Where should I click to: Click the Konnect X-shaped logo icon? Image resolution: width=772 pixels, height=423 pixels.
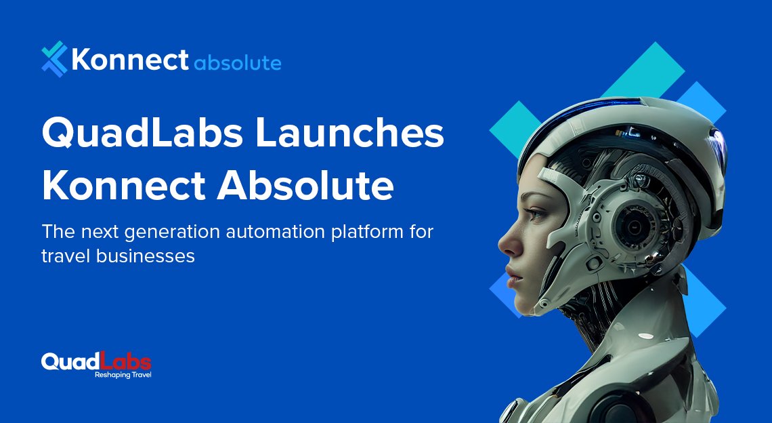[x=54, y=59]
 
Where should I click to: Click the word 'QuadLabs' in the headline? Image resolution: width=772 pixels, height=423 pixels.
[x=143, y=133]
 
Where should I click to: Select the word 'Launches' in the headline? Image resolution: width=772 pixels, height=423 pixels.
[x=349, y=132]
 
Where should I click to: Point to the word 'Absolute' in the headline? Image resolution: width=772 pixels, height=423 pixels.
[x=305, y=185]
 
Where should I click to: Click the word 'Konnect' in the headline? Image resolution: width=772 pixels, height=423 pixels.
[x=123, y=186]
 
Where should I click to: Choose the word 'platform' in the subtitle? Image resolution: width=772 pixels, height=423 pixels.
[x=367, y=233]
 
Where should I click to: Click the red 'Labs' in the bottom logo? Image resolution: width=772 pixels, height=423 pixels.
[x=125, y=361]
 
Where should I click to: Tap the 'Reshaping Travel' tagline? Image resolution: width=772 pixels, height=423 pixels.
[x=123, y=375]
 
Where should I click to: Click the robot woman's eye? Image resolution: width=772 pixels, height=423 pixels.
[x=535, y=214]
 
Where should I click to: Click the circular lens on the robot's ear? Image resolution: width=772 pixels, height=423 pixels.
[x=635, y=226]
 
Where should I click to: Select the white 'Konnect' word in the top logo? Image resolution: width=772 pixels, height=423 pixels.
[x=129, y=60]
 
